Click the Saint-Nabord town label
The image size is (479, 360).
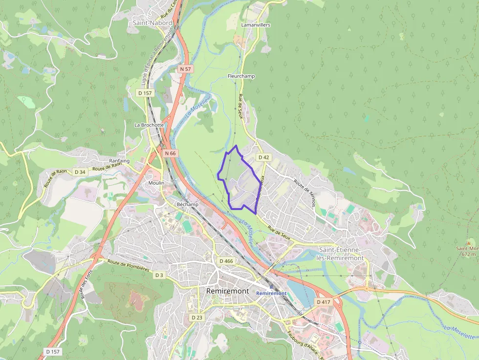(x=152, y=23)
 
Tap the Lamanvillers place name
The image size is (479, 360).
(x=256, y=25)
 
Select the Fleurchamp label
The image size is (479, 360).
(x=241, y=77)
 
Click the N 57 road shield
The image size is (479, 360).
(x=185, y=69)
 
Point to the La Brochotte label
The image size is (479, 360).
(x=149, y=125)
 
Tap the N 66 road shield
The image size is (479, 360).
(x=170, y=153)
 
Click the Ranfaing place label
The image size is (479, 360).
(x=119, y=161)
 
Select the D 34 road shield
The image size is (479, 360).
(x=80, y=172)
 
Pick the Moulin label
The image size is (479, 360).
(x=156, y=183)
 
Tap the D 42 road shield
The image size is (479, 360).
(x=263, y=157)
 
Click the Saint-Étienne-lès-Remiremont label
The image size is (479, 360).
(x=340, y=254)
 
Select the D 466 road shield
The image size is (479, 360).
(x=226, y=261)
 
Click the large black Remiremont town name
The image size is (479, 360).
(x=228, y=291)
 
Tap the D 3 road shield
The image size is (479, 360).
(x=159, y=275)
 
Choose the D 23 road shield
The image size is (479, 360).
(x=196, y=318)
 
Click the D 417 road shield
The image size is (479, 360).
(x=324, y=302)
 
